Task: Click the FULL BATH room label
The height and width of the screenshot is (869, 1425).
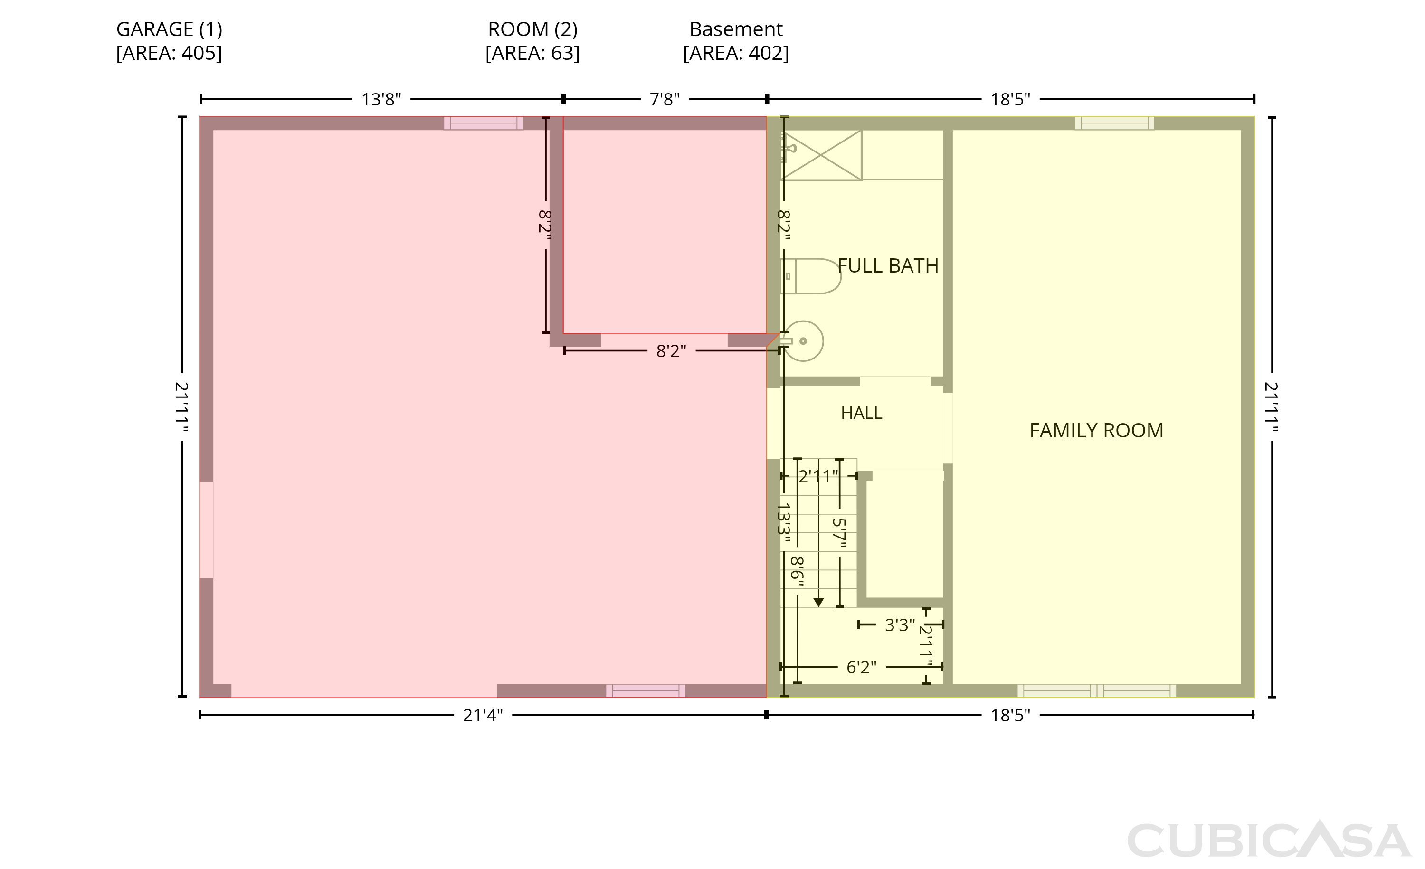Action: pyautogui.click(x=888, y=266)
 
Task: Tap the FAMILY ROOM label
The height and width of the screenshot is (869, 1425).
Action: pyautogui.click(x=1096, y=431)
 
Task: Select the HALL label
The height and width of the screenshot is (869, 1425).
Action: pyautogui.click(x=861, y=413)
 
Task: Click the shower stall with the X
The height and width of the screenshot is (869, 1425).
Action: pyautogui.click(x=821, y=155)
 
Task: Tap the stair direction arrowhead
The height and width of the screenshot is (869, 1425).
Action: pyautogui.click(x=818, y=603)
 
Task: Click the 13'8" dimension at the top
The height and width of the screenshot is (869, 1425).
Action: pyautogui.click(x=381, y=99)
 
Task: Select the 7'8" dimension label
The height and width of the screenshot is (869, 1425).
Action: pyautogui.click(x=665, y=99)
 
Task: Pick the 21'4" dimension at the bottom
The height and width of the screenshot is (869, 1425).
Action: pyautogui.click(x=483, y=716)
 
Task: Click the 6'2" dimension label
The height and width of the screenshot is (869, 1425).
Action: pyautogui.click(x=861, y=667)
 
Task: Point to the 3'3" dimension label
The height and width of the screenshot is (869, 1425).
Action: pyautogui.click(x=900, y=625)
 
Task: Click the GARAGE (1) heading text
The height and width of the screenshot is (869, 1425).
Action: pyautogui.click(x=170, y=29)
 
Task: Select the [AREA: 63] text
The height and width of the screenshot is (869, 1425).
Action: pyautogui.click(x=532, y=53)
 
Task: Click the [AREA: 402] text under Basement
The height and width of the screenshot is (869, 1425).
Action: pyautogui.click(x=736, y=53)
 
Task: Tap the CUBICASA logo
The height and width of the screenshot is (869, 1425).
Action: pyautogui.click(x=1269, y=839)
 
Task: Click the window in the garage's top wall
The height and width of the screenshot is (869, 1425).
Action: pyautogui.click(x=484, y=123)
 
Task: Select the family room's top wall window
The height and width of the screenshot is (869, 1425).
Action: pyautogui.click(x=1114, y=123)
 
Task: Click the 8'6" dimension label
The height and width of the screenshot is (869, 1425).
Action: pyautogui.click(x=798, y=571)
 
